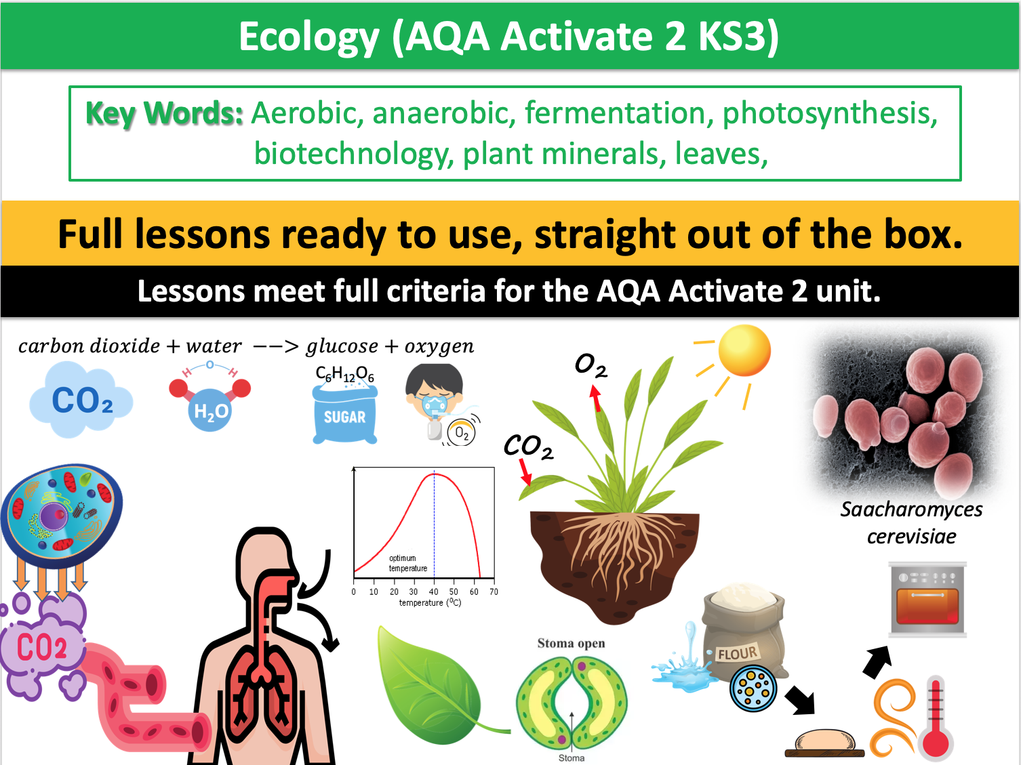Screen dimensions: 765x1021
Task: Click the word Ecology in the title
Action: coord(308,37)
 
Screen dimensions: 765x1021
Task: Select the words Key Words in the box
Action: coord(164,114)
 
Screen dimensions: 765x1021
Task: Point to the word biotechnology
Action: coord(353,154)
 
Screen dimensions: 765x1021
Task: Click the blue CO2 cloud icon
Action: coord(81,400)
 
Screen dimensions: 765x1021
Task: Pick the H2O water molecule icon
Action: coord(211,400)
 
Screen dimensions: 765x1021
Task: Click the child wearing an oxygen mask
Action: coord(437,400)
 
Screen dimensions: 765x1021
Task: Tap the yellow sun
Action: coord(744,350)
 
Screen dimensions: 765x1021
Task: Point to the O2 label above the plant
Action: coord(590,365)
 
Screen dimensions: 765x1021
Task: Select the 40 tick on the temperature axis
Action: coord(434,592)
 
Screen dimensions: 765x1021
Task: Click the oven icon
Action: coord(928,600)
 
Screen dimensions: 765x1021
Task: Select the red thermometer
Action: coord(936,718)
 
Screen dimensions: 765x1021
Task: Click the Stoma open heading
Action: coord(571,643)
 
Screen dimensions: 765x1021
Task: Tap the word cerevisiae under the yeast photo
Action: coord(911,537)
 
